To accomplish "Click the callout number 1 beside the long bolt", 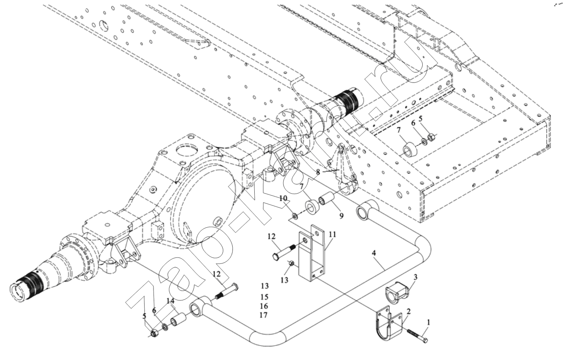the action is (429, 322).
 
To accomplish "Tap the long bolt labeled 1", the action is (418, 336).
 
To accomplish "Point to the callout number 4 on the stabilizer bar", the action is (374, 253).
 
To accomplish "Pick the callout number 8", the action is (318, 172).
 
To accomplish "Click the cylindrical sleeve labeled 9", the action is (326, 200).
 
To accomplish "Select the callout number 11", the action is (332, 234).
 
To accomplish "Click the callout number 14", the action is (171, 301).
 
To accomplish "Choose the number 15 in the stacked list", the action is (264, 297).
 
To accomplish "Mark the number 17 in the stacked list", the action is (264, 315).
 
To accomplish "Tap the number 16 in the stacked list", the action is (264, 306).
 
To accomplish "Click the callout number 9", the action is (341, 216).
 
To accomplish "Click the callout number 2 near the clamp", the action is (409, 311).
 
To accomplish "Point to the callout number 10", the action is (283, 198).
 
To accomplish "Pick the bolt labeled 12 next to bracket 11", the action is (283, 251).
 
